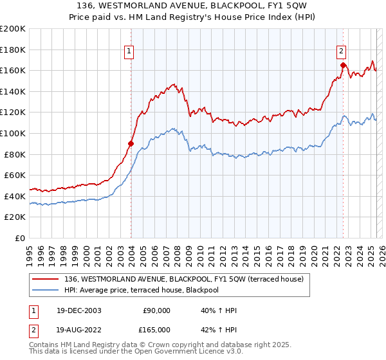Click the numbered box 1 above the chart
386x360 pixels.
click(129, 52)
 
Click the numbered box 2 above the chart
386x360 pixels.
click(341, 52)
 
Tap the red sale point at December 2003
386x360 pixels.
click(131, 143)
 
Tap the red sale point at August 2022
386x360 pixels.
click(343, 65)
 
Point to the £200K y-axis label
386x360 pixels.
click(13, 29)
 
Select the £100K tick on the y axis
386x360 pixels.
click(13, 133)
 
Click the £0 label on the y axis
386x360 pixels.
click(21, 238)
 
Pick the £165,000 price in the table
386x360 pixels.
click(156, 330)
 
